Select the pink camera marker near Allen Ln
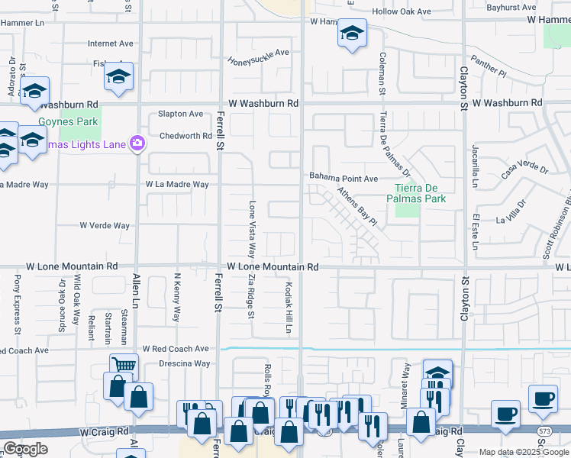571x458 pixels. click(137, 143)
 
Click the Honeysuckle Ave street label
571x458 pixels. click(260, 53)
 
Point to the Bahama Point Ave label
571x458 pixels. click(344, 178)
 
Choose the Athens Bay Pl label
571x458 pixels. click(357, 207)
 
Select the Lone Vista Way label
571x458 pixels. click(251, 229)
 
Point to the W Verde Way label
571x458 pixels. click(105, 225)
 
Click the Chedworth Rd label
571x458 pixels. click(185, 137)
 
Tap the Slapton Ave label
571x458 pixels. click(180, 114)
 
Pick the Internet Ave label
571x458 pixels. click(111, 44)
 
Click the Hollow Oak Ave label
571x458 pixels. click(401, 11)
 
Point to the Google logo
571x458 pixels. click(26, 449)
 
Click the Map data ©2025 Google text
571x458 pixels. click(523, 452)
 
